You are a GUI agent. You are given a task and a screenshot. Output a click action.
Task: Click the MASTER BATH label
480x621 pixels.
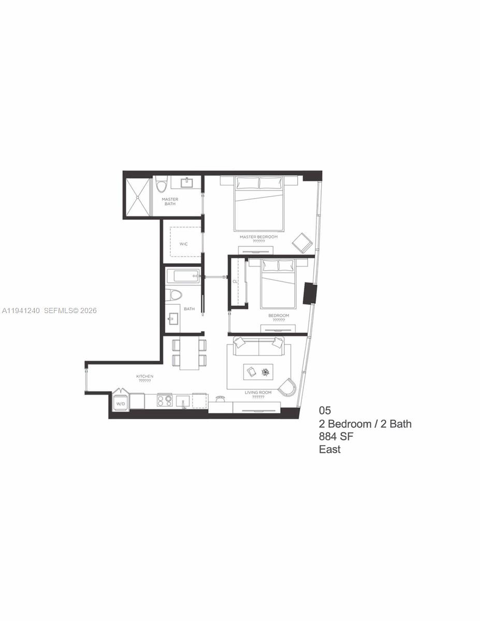(170, 201)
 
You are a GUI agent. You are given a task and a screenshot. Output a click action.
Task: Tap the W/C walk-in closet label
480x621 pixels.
(183, 244)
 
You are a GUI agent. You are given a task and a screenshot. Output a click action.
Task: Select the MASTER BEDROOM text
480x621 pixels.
(258, 237)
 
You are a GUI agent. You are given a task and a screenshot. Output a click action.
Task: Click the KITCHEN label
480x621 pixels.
(144, 376)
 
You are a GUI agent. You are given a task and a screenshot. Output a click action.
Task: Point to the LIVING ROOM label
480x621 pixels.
(258, 393)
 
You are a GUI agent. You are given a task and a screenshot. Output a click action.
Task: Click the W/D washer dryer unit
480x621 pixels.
(121, 402)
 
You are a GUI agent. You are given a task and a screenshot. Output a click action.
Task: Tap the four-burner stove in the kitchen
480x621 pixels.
(165, 401)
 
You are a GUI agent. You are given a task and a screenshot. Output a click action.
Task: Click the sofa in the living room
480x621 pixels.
(259, 346)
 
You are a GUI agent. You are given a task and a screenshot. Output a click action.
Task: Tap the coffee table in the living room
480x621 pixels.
(259, 372)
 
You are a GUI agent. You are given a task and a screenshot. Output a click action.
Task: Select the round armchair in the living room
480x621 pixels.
(287, 387)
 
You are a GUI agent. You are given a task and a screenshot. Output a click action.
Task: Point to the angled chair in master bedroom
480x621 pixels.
(302, 243)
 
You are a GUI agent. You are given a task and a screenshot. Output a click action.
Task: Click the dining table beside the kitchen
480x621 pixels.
(189, 354)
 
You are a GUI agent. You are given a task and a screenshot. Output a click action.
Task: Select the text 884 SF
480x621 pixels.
(337, 437)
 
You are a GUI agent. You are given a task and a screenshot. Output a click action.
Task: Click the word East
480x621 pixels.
(329, 449)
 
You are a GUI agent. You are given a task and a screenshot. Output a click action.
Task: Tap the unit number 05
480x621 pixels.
(325, 411)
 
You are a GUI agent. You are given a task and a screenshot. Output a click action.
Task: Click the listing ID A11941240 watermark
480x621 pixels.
(21, 310)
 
